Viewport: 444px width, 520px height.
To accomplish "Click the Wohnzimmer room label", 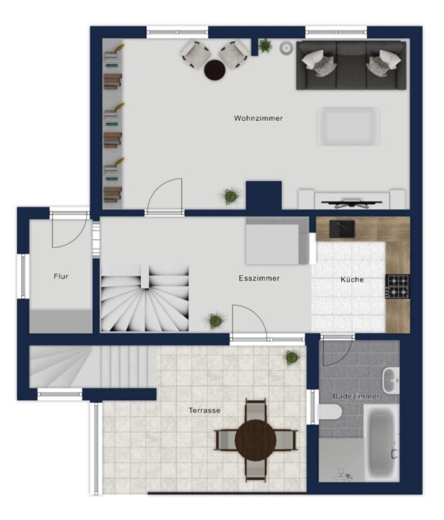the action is click(x=258, y=118).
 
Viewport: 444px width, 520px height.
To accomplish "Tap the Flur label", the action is click(x=61, y=276).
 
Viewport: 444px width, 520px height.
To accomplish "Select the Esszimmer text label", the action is click(x=259, y=278).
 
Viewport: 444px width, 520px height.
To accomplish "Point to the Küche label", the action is click(x=352, y=279).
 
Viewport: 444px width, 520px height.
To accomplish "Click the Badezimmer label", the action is click(x=356, y=396).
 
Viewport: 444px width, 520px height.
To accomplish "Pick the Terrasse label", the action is click(x=205, y=410).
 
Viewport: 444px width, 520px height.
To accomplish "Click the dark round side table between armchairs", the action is click(x=215, y=70).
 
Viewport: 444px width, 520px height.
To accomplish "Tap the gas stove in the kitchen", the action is click(x=397, y=286).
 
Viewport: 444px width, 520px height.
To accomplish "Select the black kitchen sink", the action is click(x=342, y=229).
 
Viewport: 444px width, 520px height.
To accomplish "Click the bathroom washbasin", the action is click(x=391, y=380).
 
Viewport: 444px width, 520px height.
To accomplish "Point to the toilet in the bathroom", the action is click(x=330, y=412).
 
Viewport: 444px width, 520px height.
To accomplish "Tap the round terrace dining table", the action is click(x=256, y=440).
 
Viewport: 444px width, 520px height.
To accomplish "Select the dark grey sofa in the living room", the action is click(x=351, y=65).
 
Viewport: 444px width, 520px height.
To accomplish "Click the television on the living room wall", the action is click(x=351, y=202).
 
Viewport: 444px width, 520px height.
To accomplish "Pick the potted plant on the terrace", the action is click(x=292, y=357).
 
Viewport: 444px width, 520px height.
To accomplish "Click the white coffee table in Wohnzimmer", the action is click(x=348, y=126).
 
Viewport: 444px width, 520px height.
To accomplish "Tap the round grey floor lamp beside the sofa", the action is click(x=286, y=48).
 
